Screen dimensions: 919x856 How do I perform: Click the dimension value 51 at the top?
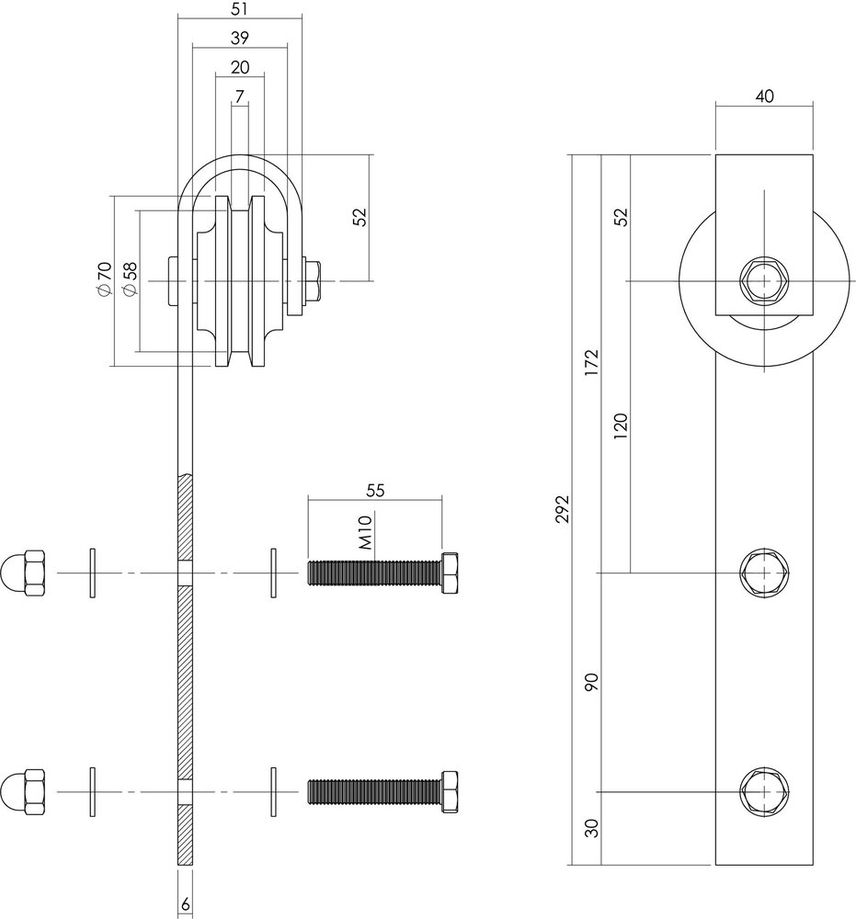[238, 10]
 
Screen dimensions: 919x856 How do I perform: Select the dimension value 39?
[238, 38]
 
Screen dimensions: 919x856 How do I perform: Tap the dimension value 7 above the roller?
[239, 96]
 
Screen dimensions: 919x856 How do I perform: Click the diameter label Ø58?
[130, 279]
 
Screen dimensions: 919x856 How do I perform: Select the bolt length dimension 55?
[374, 492]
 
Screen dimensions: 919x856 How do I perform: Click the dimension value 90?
[592, 681]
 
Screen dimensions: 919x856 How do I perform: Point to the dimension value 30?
[592, 828]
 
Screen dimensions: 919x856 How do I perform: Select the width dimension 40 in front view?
[764, 95]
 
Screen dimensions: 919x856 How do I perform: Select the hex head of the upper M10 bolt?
[451, 572]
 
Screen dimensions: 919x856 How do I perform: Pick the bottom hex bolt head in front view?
[763, 791]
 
